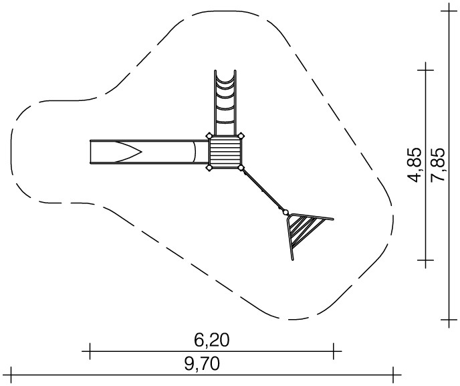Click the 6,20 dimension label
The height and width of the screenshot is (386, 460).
211,341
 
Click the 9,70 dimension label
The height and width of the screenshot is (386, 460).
202,365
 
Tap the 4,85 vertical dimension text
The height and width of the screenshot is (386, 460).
415,165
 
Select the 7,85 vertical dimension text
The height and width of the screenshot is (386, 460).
439,165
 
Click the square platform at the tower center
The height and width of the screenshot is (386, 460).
225,152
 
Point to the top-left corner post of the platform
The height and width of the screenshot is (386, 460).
209,136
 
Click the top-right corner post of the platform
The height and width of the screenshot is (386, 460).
241,136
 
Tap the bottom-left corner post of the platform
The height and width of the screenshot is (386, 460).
209,168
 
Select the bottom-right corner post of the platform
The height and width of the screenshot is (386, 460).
241,168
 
